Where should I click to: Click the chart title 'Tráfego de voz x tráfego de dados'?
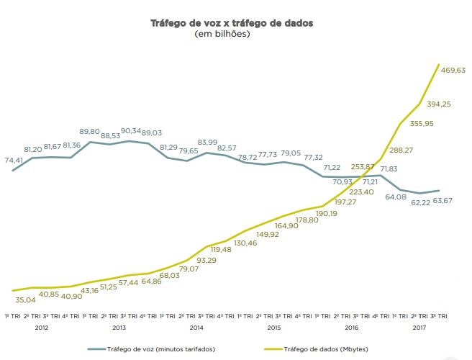(x=231, y=23)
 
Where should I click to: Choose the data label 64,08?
(x=396, y=197)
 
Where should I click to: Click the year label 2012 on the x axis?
(x=41, y=328)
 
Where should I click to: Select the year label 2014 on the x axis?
(x=196, y=328)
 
